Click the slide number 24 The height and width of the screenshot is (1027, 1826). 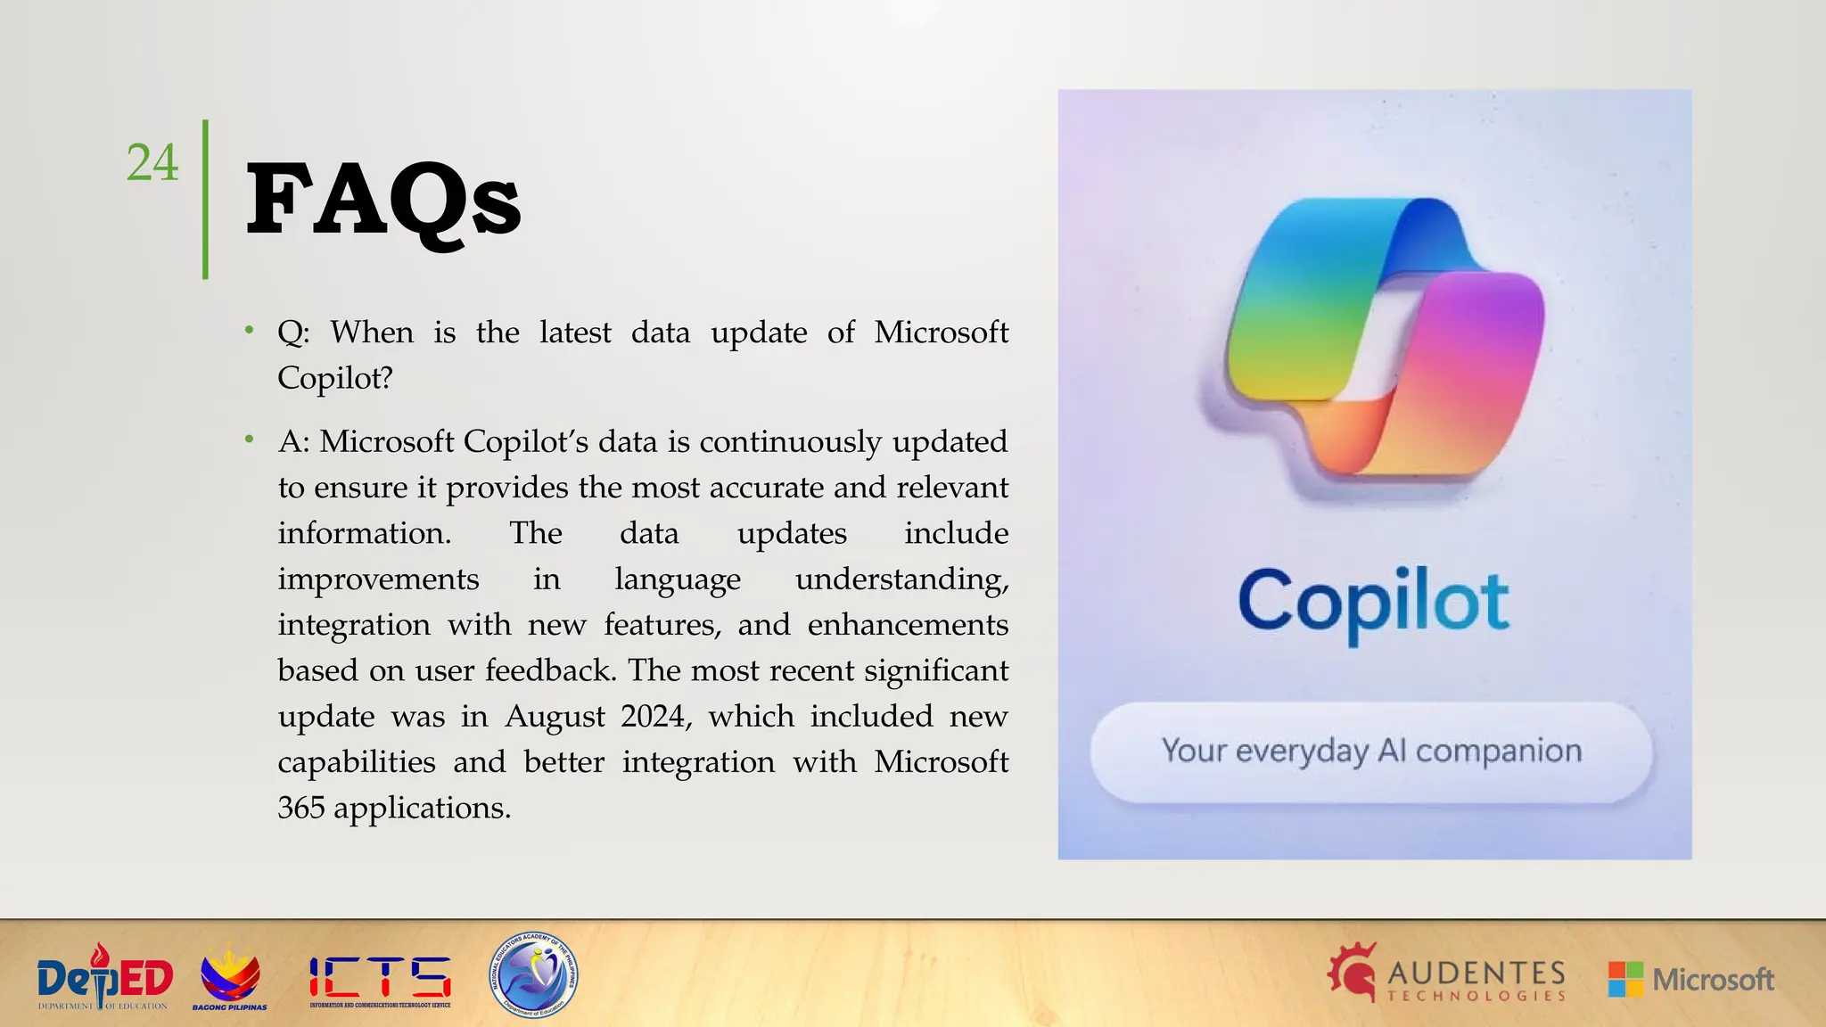[152, 162]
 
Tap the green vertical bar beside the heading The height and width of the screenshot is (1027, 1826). [205, 200]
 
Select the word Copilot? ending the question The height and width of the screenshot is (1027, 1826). [334, 378]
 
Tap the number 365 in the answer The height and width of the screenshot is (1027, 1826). [300, 808]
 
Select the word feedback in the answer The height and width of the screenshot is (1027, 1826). [549, 670]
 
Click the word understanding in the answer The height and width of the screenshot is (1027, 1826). [901, 579]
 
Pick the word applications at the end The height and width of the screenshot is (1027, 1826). [422, 809]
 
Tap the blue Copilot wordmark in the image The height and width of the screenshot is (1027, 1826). [1373, 603]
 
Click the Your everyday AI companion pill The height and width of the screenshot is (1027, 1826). [1371, 752]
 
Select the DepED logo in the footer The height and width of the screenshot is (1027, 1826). [104, 978]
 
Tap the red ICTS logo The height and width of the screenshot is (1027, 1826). [380, 978]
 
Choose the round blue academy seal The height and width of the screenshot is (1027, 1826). [534, 975]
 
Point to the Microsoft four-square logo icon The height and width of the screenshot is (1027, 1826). [1625, 979]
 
